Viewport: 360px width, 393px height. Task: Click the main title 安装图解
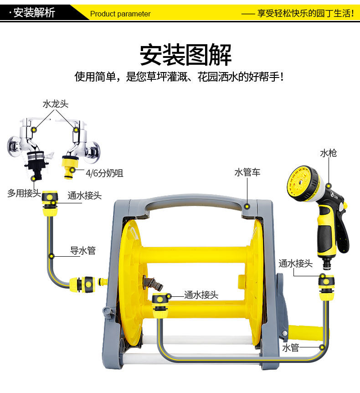[x=185, y=55]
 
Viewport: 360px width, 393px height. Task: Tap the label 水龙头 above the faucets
[x=55, y=104]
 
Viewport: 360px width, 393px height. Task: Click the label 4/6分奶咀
[x=104, y=173]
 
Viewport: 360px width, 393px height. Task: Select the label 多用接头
[x=24, y=193]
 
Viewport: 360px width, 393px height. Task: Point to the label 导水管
[x=82, y=250]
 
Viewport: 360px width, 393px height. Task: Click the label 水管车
[x=247, y=172]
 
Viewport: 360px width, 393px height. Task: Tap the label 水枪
[x=329, y=153]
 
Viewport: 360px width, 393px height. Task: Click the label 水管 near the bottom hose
[x=291, y=347]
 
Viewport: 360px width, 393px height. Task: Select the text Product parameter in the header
[x=120, y=14]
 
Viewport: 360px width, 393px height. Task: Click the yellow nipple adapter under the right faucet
[x=70, y=167]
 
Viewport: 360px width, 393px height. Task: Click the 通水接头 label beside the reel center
[x=201, y=295]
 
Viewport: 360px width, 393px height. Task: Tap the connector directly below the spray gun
[x=326, y=288]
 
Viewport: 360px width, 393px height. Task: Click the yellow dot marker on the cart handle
[x=247, y=207]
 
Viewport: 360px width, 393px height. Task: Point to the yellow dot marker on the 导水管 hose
[x=51, y=256]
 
